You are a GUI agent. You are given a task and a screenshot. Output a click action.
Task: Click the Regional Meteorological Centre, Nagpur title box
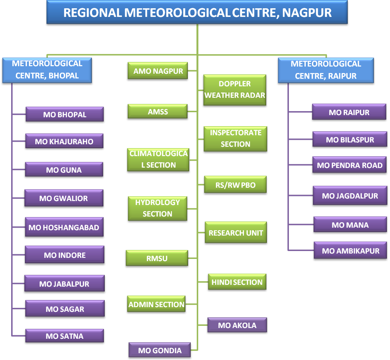click(197, 12)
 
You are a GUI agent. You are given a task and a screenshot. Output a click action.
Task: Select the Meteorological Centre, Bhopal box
click(47, 70)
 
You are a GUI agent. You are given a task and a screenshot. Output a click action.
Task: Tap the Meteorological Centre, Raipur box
click(326, 70)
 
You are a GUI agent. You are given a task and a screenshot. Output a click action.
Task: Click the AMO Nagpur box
click(158, 71)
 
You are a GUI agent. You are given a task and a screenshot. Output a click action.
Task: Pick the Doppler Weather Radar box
click(235, 90)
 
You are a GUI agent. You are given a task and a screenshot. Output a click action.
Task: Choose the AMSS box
click(158, 111)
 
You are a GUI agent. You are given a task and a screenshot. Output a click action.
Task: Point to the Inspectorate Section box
click(235, 139)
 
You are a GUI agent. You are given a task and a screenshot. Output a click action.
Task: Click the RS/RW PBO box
click(235, 184)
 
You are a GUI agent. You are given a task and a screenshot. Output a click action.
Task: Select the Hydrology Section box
click(158, 208)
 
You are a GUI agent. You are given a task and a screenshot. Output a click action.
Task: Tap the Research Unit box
click(236, 232)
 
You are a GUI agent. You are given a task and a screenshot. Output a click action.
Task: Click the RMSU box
click(157, 258)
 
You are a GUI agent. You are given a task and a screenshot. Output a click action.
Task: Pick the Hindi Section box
click(237, 282)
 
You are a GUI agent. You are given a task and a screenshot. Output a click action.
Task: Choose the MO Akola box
click(237, 325)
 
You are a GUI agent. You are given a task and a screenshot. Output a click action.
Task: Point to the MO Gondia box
click(160, 350)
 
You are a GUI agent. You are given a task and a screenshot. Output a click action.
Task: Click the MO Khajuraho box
click(64, 141)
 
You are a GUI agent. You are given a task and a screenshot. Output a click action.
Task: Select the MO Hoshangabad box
click(64, 227)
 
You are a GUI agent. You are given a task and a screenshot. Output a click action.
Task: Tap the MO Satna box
click(65, 336)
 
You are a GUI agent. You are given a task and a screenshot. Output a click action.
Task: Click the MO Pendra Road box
click(349, 165)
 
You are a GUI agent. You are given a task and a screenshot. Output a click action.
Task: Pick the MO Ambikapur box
click(350, 250)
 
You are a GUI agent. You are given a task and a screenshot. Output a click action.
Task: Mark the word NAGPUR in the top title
click(307, 13)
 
